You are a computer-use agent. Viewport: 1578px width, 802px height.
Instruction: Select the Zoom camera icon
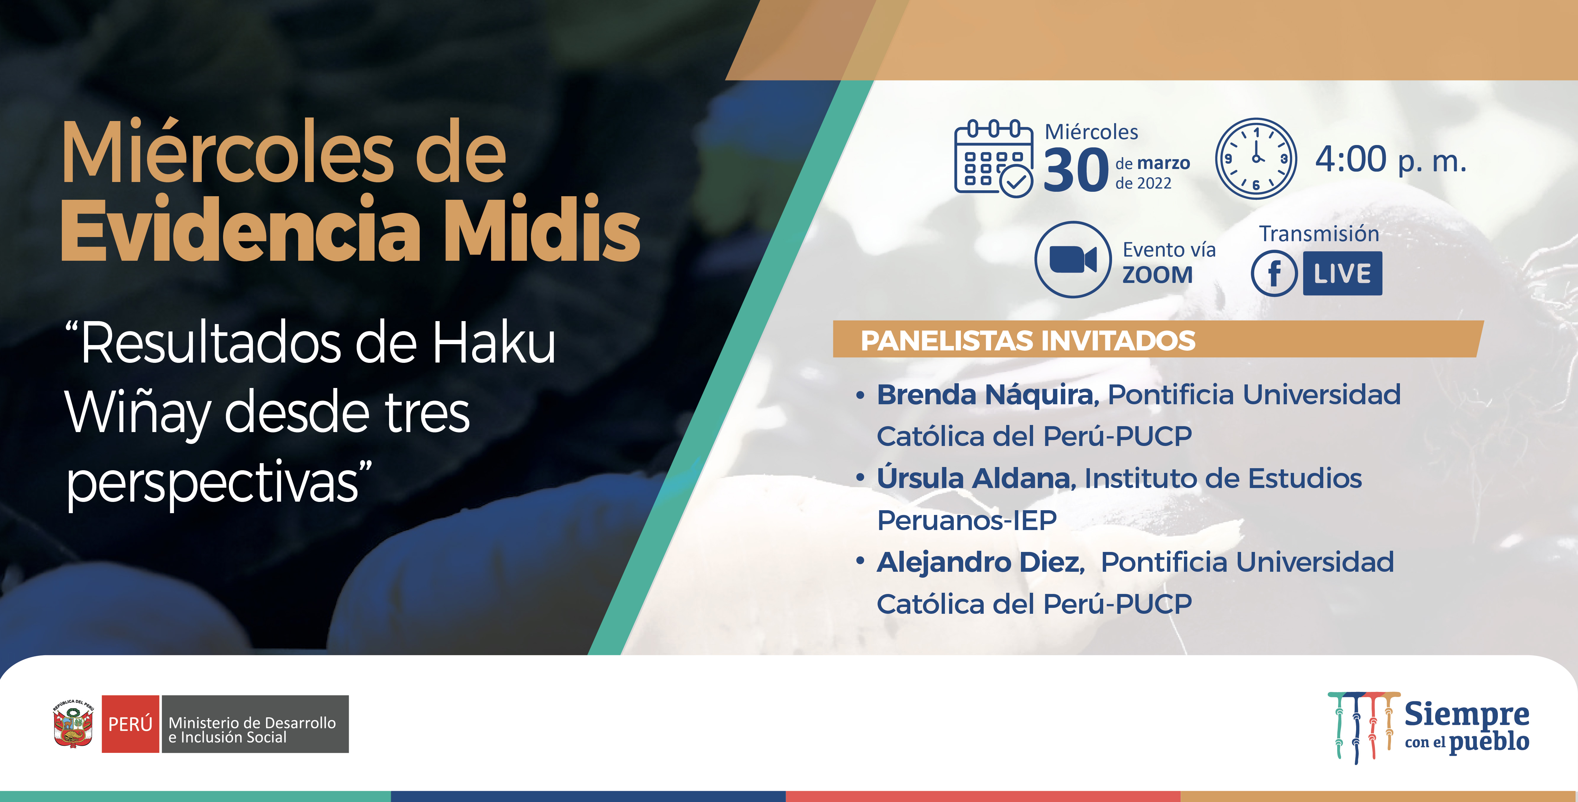(x=1073, y=260)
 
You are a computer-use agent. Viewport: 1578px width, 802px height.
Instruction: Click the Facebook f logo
(x=1274, y=273)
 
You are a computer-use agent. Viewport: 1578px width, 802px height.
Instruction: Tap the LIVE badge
(x=1342, y=273)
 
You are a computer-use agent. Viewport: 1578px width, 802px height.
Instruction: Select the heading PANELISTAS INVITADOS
(x=1028, y=341)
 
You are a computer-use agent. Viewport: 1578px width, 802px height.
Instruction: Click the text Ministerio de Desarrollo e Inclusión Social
(x=252, y=730)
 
